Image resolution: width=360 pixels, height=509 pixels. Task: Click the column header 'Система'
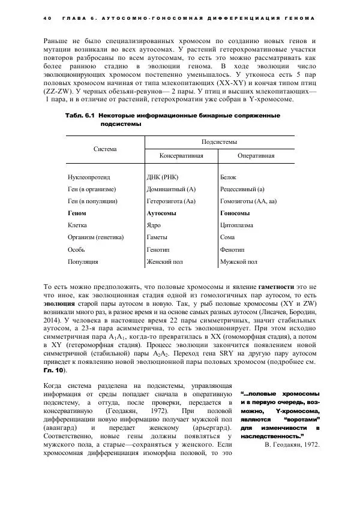click(x=105, y=148)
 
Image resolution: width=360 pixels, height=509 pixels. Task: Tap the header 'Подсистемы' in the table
click(x=220, y=141)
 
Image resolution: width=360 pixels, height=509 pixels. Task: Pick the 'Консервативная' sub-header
click(x=181, y=155)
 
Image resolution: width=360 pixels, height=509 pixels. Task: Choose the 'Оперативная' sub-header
click(x=256, y=155)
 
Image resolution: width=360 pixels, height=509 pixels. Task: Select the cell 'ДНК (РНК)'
click(x=163, y=177)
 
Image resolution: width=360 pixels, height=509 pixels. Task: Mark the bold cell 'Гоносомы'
click(x=235, y=213)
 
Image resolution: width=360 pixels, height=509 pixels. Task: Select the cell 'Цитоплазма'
click(x=237, y=225)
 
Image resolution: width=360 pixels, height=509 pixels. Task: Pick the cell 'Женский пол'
click(x=165, y=261)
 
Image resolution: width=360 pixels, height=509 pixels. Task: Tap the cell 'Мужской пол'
click(x=239, y=261)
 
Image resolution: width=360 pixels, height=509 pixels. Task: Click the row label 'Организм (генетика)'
click(x=97, y=237)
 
